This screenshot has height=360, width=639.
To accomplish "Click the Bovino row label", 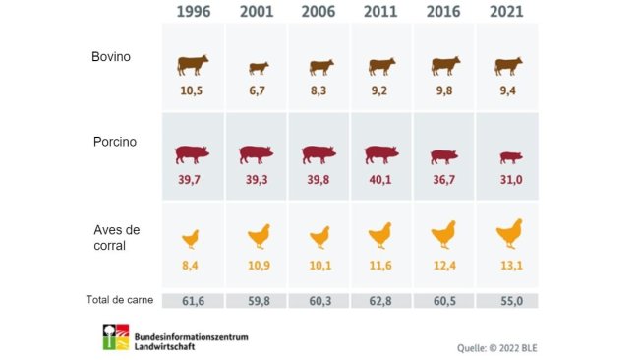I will coord(110,57).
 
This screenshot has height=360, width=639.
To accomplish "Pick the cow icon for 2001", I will coord(258,67).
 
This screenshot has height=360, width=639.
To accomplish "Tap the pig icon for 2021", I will coord(509,156).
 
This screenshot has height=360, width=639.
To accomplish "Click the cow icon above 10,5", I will coord(193,65).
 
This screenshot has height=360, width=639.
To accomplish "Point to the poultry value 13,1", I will coord(507,265).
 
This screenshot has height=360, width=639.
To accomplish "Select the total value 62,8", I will coord(382,300).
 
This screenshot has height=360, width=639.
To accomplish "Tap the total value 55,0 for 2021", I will coord(507,300).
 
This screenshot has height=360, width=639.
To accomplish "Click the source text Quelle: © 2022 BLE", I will coord(497,347).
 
